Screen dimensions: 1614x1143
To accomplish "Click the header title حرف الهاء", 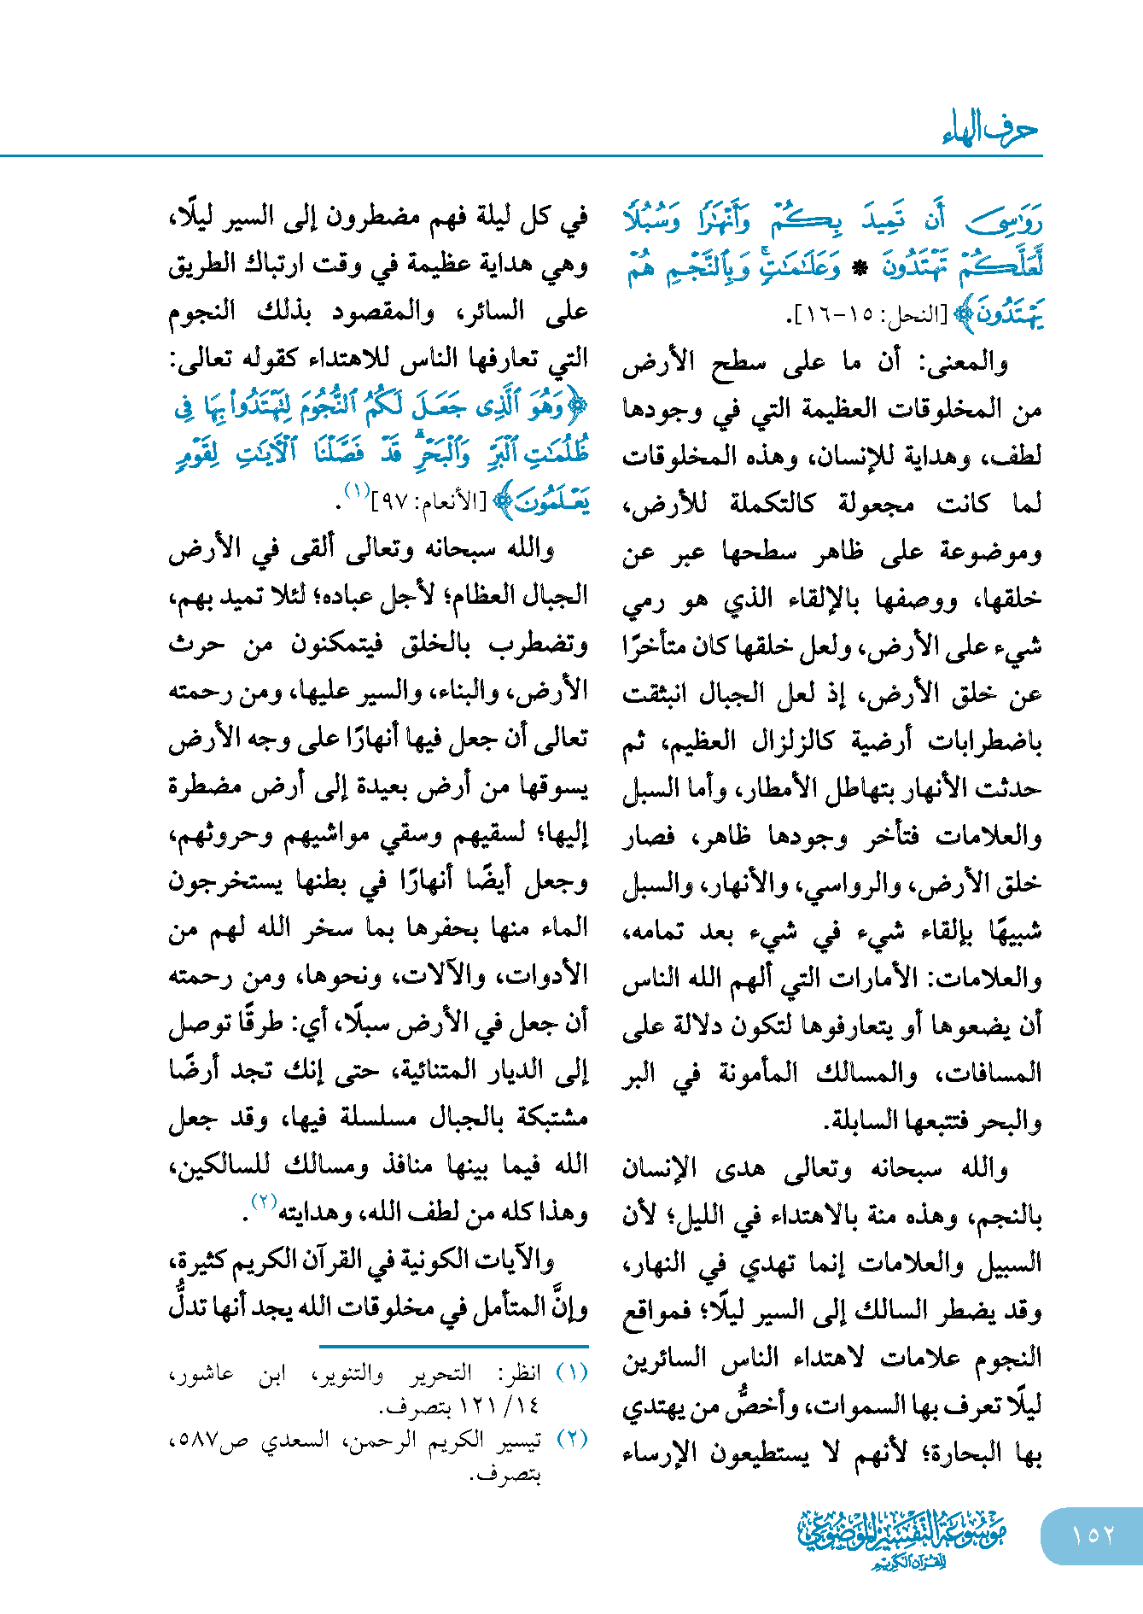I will (990, 130).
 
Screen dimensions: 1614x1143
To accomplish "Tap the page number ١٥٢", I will (1093, 1535).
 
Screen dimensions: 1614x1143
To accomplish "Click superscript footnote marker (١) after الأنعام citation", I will (355, 490).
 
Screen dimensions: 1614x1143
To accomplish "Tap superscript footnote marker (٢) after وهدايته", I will (263, 1202).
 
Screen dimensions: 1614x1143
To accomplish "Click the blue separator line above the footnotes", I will (452, 1347).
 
